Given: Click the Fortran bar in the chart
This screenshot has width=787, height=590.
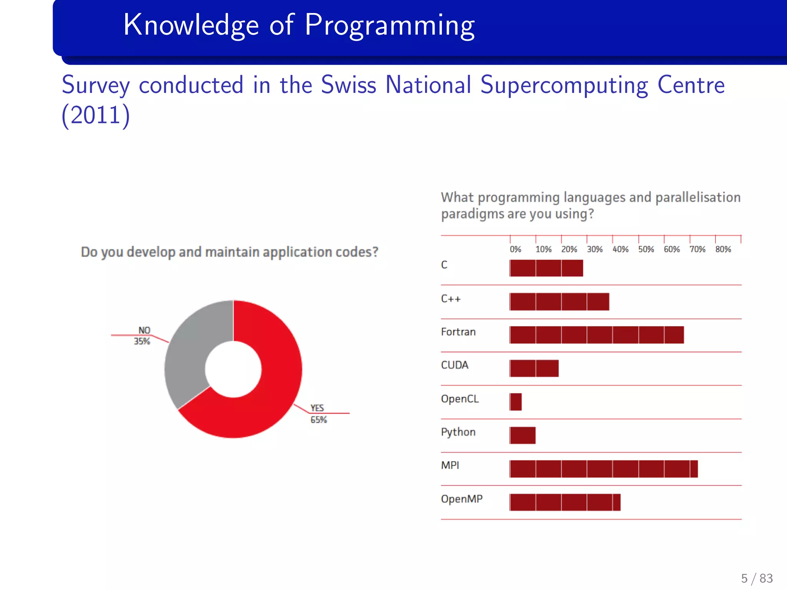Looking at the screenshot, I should (596, 335).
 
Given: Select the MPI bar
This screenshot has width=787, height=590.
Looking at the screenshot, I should (603, 469).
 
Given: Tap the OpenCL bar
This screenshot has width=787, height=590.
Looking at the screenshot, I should (516, 402).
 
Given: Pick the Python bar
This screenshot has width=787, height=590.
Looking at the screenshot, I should (523, 435).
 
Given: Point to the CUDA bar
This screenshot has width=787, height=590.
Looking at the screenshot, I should (534, 368).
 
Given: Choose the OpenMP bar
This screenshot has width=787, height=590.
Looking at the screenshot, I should (565, 502).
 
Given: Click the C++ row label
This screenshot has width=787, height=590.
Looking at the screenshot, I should (451, 299).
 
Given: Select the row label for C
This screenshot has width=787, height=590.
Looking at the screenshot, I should (444, 265).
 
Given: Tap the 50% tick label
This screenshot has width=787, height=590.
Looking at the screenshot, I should (646, 249).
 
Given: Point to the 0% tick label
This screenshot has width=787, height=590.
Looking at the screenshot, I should (515, 249).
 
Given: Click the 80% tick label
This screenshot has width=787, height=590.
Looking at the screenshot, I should (723, 249).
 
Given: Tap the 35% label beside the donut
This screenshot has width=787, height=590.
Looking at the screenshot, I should (142, 341).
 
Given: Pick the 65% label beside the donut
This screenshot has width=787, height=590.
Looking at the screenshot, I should (319, 420).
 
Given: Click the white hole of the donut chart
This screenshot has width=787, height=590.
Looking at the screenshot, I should (233, 369).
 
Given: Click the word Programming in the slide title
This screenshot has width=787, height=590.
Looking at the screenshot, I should (390, 25).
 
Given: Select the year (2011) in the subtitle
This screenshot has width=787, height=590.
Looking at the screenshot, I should (96, 115).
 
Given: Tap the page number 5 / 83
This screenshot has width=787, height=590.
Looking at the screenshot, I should (757, 578).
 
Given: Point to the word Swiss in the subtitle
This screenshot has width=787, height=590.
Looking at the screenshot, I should (348, 85).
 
